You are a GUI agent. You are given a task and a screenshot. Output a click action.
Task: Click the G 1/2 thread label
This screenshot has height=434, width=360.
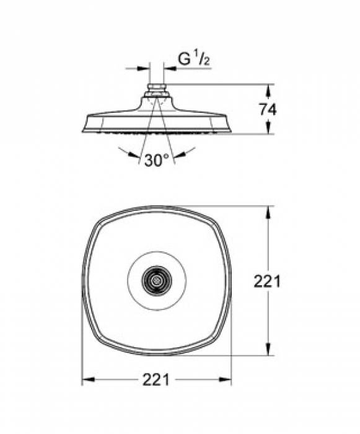[x=193, y=59]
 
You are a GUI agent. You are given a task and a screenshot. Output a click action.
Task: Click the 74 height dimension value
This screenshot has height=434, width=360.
[x=268, y=109]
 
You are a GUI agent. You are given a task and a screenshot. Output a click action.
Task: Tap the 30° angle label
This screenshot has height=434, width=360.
[x=157, y=160]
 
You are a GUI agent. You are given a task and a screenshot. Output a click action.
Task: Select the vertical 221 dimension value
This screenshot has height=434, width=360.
[x=267, y=281]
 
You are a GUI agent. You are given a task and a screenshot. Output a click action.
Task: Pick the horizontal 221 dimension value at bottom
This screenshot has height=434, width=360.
[x=156, y=379]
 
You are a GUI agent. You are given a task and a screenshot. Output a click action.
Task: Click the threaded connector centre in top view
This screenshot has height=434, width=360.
[x=157, y=281]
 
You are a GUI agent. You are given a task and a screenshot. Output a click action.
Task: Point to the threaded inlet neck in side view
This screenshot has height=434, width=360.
[x=157, y=88]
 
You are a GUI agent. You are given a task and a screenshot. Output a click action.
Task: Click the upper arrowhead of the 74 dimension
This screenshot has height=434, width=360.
[x=268, y=90]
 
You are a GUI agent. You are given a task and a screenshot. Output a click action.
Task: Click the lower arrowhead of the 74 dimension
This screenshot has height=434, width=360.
[x=268, y=128]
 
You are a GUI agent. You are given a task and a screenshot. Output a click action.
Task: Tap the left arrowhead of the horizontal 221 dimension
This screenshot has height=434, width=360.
[x=89, y=379]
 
